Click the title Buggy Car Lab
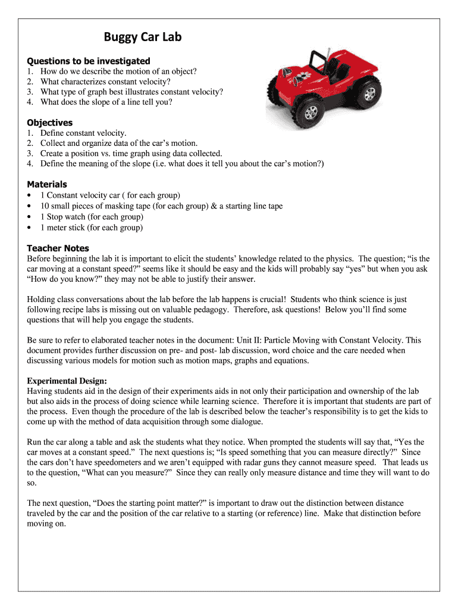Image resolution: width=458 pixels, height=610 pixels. click(143, 38)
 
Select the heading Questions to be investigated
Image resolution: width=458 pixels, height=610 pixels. click(89, 61)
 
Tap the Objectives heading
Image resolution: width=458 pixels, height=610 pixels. click(50, 123)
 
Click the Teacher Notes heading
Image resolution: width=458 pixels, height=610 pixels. click(58, 248)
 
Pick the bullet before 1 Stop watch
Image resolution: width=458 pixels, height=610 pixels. click(30, 217)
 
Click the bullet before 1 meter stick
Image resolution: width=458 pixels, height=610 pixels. click(30, 228)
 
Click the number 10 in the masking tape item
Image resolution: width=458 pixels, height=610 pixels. click(45, 206)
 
